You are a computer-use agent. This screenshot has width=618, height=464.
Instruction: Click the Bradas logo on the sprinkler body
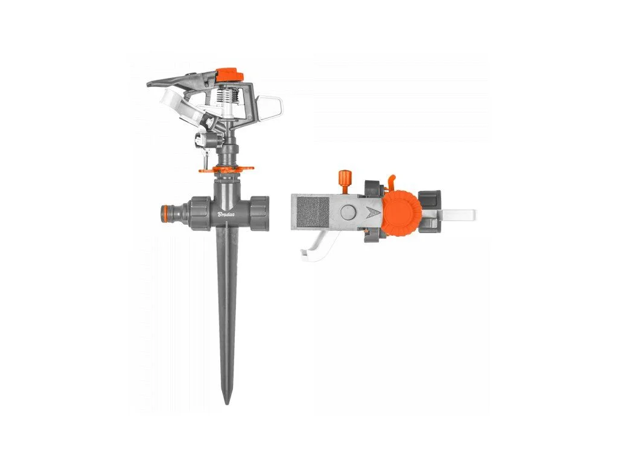point(226,214)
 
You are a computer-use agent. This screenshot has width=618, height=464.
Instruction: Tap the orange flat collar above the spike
point(226,169)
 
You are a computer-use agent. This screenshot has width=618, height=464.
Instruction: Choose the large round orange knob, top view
point(402,213)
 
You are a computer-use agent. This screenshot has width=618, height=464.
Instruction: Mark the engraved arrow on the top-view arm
point(372,213)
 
